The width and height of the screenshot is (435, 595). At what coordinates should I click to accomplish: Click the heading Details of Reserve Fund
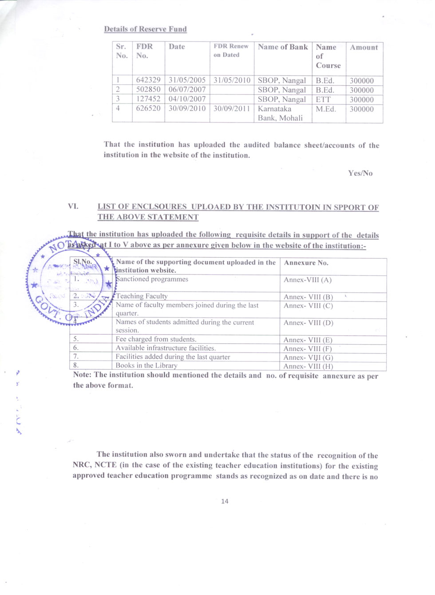point(145,29)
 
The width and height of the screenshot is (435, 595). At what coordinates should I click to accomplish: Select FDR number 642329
point(148,80)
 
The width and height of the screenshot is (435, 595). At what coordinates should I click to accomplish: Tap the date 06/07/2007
point(187,90)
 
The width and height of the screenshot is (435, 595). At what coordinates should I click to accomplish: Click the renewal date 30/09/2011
point(232,109)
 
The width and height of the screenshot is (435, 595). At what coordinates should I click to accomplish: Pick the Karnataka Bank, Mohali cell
point(280,113)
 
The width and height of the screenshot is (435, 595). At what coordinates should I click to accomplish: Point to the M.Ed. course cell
point(326,109)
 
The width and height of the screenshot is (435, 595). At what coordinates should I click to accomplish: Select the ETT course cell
point(323,99)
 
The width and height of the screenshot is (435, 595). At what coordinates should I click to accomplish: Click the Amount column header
point(364,48)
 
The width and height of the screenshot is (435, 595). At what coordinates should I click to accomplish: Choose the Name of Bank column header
point(283,47)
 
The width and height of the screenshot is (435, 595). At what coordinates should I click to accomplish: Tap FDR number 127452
point(148,99)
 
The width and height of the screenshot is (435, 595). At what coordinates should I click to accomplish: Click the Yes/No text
point(360,173)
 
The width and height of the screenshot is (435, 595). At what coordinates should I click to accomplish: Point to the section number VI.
point(73,206)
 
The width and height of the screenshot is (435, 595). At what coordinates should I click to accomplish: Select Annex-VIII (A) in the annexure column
point(307,280)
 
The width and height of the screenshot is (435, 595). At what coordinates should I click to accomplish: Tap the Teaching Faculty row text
point(142,296)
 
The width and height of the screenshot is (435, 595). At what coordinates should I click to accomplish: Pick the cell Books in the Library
point(146,365)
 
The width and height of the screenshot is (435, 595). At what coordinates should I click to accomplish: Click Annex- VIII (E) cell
point(308,340)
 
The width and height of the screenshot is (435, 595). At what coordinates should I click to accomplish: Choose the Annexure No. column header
point(306,263)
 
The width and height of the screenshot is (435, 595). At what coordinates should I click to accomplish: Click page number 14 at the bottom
point(225,501)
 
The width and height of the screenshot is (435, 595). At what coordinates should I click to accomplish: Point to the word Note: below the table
point(82,375)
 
